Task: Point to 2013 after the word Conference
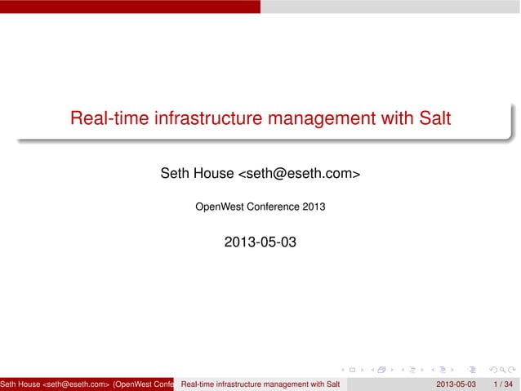point(314,207)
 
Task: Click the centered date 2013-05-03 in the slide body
point(260,242)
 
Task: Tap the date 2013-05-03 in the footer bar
point(456,384)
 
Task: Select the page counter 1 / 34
point(503,384)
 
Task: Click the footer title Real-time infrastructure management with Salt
point(260,384)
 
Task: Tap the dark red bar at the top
point(130,6)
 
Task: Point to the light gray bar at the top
point(390,6)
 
